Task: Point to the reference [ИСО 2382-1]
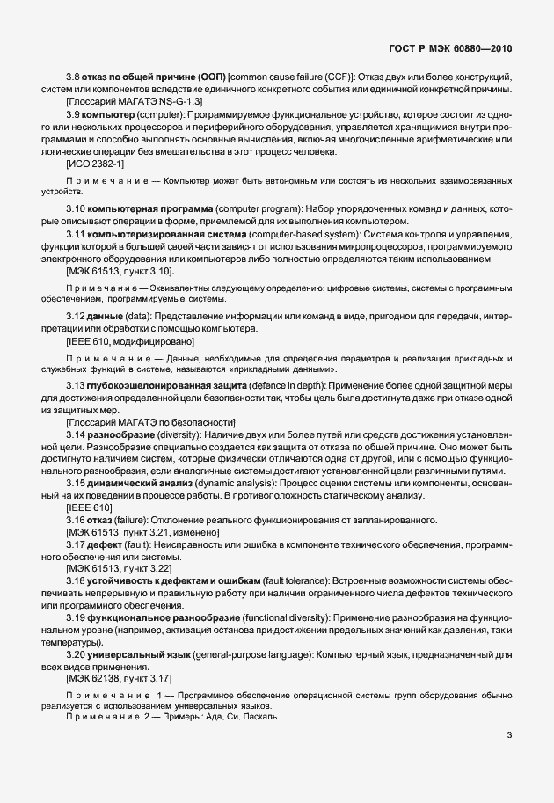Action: (95, 164)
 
